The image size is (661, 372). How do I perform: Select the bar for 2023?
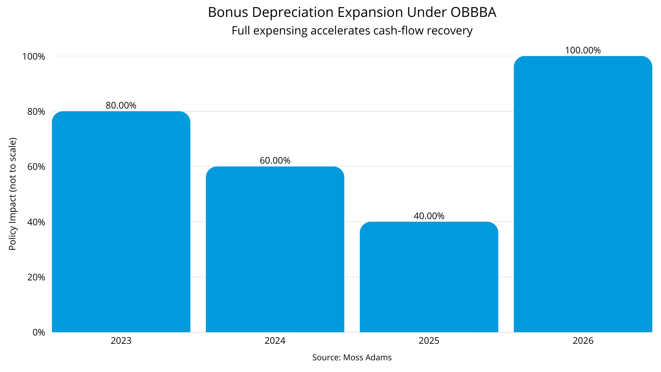point(121,222)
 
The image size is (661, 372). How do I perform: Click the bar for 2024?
point(275,249)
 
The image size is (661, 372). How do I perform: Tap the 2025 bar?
point(429,277)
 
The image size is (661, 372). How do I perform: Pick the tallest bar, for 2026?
point(583,194)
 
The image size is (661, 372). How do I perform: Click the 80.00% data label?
point(121,105)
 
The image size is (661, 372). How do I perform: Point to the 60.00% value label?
point(275,161)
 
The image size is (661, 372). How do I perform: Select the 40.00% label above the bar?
point(429,216)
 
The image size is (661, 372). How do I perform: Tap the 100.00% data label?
point(583,50)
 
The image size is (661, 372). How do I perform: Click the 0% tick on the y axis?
point(39,332)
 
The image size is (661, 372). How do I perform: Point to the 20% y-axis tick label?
point(36,277)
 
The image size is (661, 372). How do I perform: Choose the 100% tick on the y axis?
point(34,56)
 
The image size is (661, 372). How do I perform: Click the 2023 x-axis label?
point(121,341)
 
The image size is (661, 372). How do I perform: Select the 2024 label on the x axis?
point(275,341)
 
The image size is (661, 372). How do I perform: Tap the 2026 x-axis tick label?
point(583,341)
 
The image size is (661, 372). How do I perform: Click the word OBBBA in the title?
point(473,12)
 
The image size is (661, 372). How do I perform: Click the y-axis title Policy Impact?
point(13,194)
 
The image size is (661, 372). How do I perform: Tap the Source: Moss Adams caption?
point(352,358)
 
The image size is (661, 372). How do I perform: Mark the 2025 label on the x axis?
point(429,341)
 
